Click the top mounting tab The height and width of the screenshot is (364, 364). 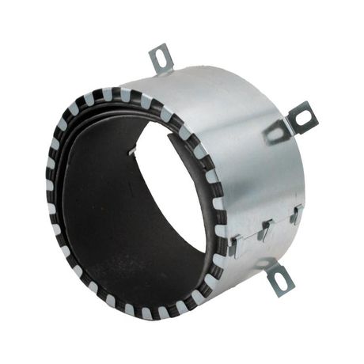click(161, 60)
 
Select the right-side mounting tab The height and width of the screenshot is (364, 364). click(301, 117)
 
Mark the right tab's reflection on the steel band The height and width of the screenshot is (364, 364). click(276, 131)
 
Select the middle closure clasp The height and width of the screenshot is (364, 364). click(266, 230)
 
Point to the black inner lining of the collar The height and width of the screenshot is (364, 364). click(103, 214)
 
